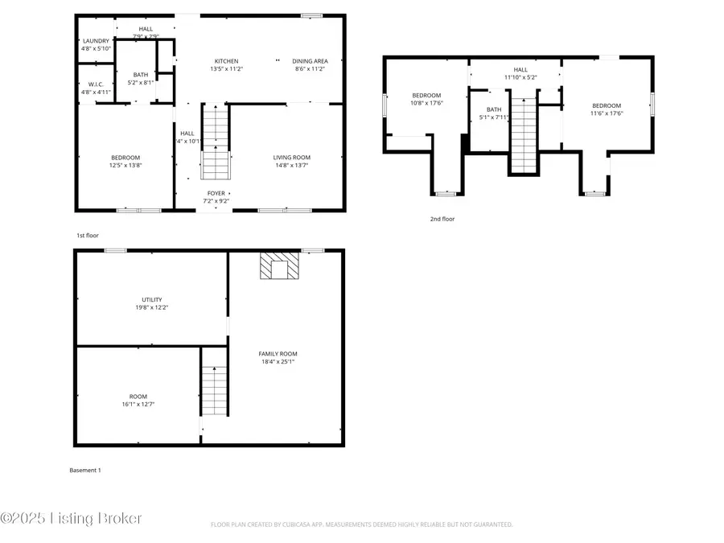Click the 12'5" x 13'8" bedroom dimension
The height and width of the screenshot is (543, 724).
click(x=125, y=167)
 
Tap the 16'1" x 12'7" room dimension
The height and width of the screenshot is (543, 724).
click(x=138, y=404)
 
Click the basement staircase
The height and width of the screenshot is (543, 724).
click(x=214, y=391)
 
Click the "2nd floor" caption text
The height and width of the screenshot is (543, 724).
click(x=442, y=218)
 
